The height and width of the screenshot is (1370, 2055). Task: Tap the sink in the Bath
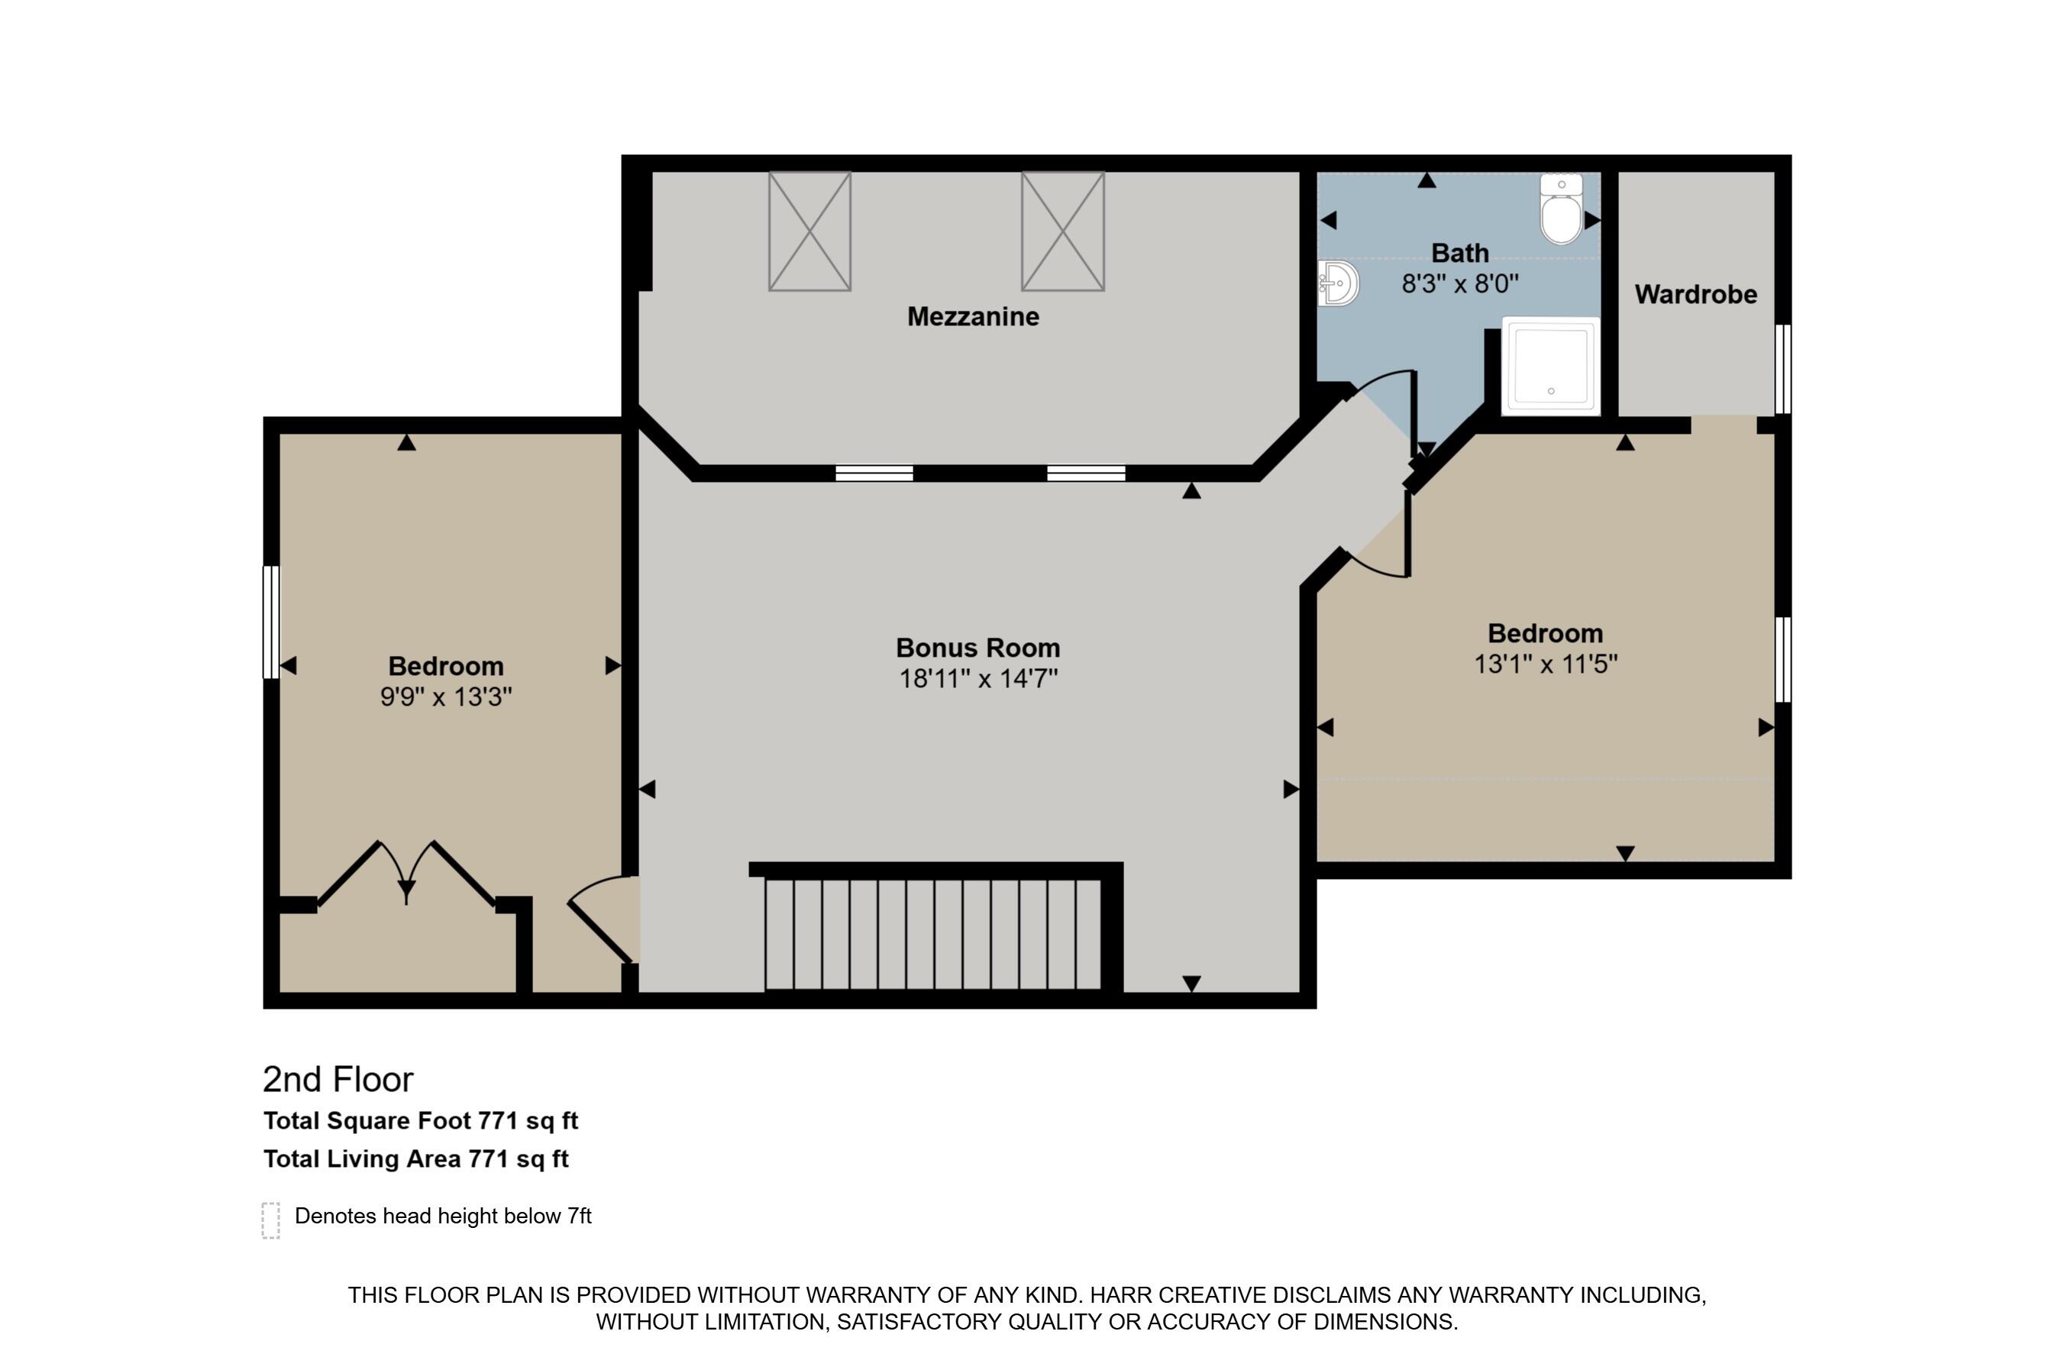tap(1339, 283)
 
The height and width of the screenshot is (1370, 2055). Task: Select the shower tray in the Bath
tap(1551, 365)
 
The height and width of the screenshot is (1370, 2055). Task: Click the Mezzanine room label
tap(974, 316)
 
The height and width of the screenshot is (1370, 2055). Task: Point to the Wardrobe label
tap(1696, 295)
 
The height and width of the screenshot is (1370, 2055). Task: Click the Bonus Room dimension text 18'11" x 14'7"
tap(978, 679)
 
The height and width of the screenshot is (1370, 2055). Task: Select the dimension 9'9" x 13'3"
tap(446, 697)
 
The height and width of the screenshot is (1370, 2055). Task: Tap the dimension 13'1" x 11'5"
tap(1546, 664)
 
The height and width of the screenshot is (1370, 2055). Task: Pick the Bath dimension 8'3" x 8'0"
tap(1460, 284)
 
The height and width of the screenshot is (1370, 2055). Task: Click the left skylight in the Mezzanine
tap(810, 231)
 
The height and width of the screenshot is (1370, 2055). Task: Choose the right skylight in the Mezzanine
tap(1063, 231)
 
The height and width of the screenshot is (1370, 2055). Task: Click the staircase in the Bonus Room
tap(933, 934)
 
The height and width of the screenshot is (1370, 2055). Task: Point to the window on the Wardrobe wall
tap(1783, 369)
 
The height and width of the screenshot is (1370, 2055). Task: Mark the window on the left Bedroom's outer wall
tap(272, 622)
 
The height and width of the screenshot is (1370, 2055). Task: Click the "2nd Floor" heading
tap(338, 1080)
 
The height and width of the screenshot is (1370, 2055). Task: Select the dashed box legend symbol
tap(271, 1220)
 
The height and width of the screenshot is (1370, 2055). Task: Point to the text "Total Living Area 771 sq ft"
tap(416, 1159)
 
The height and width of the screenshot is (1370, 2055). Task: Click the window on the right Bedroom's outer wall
tap(1783, 660)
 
